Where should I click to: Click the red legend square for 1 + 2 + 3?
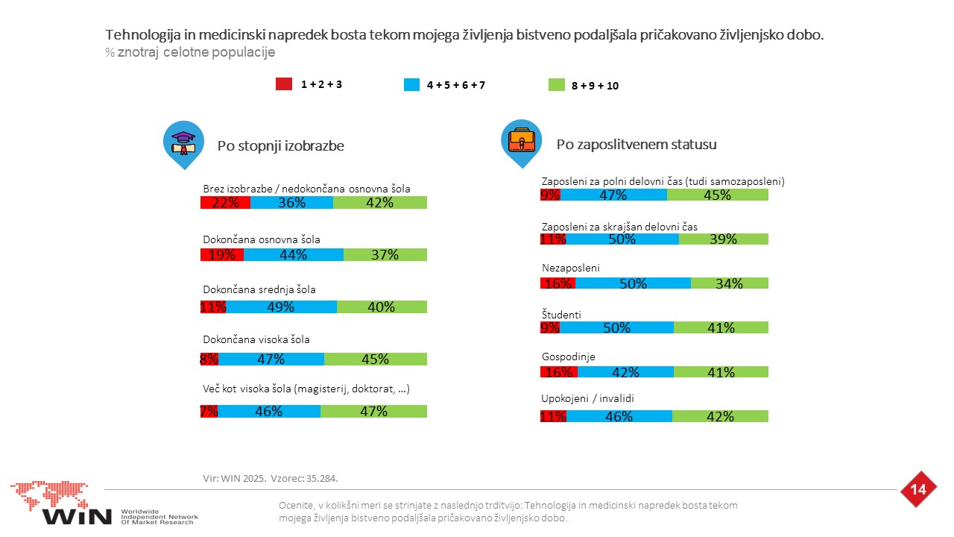tap(284, 84)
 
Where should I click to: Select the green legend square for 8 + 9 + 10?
tap(556, 85)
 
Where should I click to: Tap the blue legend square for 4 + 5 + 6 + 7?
tap(411, 84)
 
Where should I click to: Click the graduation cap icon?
tap(183, 142)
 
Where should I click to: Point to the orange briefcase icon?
tap(521, 140)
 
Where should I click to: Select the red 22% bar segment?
tap(225, 202)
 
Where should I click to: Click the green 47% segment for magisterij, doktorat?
tap(373, 411)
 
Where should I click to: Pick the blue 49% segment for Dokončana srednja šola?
tap(281, 307)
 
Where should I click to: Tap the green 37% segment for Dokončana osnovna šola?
tap(385, 255)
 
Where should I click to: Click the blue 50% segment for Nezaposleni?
tap(633, 283)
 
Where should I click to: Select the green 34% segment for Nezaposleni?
tap(730, 283)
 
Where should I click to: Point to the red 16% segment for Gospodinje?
tap(559, 372)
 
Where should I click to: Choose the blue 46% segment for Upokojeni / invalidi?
tap(619, 416)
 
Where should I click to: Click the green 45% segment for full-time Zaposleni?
tap(718, 195)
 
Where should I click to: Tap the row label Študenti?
tap(561, 315)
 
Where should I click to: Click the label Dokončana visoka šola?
tap(256, 339)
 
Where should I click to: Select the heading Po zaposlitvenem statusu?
tap(636, 145)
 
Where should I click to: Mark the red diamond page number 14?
tap(918, 489)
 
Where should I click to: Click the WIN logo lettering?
tap(77, 517)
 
